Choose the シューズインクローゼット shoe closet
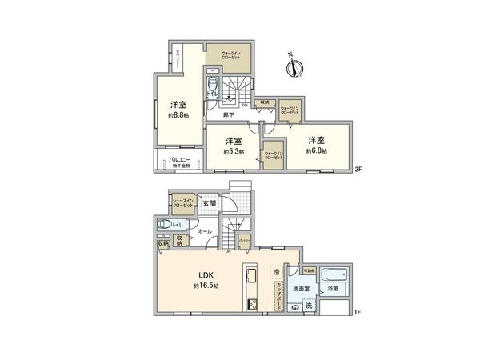coord(183,204)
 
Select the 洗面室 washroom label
coord(301,289)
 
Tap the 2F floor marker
coord(359,168)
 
